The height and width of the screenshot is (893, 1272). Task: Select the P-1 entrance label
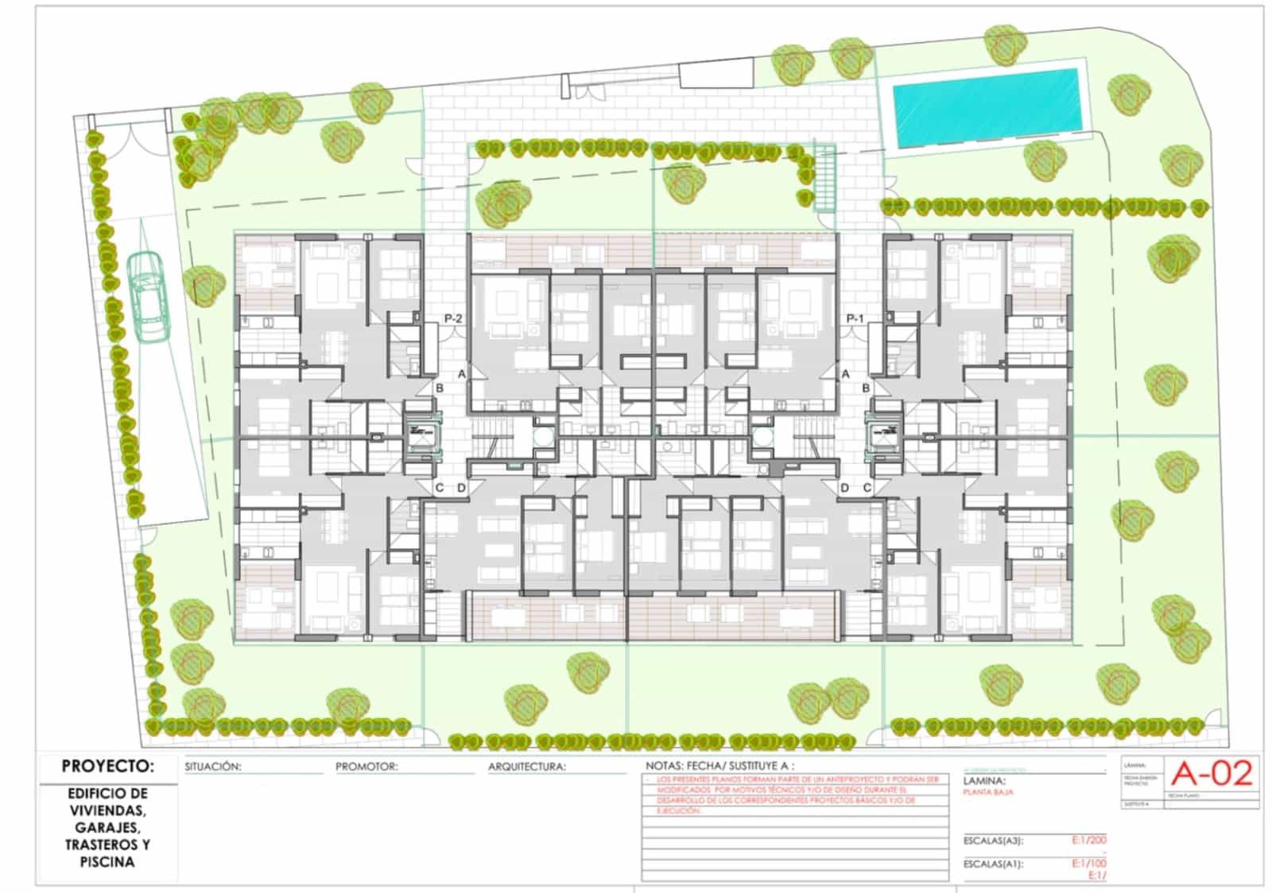click(855, 319)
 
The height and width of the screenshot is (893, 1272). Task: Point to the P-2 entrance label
click(453, 319)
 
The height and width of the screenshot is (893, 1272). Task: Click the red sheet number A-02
click(1213, 773)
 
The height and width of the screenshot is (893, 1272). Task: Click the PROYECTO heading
click(107, 767)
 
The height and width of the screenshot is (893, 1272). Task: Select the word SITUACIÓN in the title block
click(212, 767)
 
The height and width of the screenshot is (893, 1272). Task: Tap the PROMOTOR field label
click(366, 767)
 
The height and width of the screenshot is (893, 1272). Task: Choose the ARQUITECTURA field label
click(527, 767)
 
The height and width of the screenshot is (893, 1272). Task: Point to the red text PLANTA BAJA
click(987, 792)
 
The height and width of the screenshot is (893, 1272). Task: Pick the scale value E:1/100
click(1088, 864)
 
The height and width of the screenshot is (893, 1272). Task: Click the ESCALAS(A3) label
click(993, 841)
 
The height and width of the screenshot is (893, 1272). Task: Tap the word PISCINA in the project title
click(107, 862)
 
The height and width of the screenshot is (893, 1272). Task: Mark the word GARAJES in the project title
click(107, 827)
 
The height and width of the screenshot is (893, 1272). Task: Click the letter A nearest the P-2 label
click(461, 373)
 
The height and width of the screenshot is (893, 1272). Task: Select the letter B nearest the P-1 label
click(867, 389)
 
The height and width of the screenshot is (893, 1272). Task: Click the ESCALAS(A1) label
click(993, 864)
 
